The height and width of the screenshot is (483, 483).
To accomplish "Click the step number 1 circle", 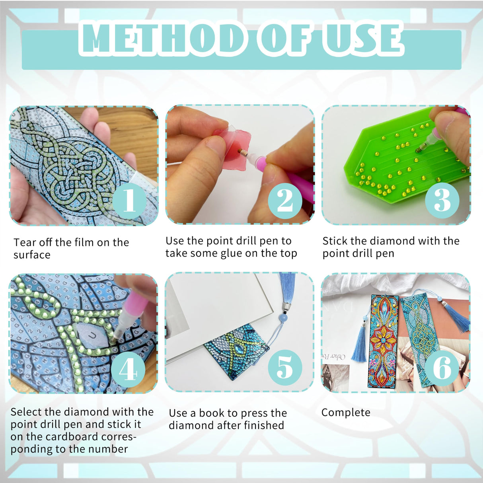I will coord(129,201).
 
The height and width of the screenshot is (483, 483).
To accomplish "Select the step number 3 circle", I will coord(442,200).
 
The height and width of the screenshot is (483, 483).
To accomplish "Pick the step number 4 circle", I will coord(128,370).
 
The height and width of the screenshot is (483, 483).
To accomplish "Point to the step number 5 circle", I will coord(285,367).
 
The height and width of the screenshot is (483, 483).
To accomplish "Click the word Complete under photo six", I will coord(346,413).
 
